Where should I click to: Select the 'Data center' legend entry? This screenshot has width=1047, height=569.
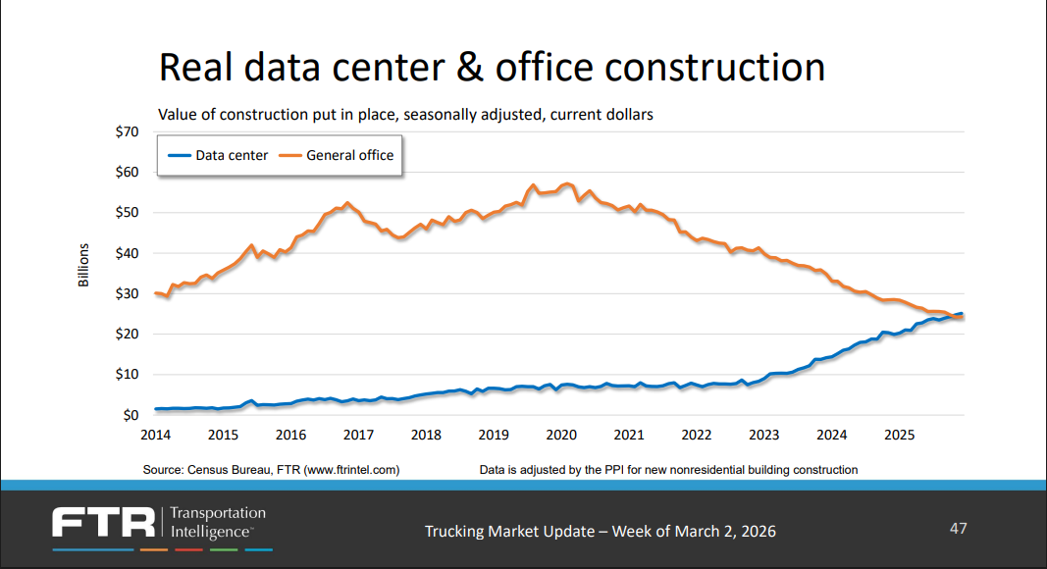tap(231, 155)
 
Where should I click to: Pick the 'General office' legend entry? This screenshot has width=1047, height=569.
tap(349, 155)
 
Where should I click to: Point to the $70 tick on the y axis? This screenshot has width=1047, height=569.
tap(127, 131)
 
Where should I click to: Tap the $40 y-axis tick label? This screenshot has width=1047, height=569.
tap(127, 253)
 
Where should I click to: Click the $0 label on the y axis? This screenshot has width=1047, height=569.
tap(131, 415)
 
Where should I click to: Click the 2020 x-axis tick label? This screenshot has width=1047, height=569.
tap(560, 435)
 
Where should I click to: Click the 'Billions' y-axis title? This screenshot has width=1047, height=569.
tap(84, 265)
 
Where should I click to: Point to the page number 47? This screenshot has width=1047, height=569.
tap(958, 529)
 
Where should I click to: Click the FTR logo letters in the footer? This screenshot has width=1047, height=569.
tap(104, 523)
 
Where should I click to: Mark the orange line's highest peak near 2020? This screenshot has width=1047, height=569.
tap(567, 183)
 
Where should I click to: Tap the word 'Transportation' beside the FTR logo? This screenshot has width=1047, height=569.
tap(218, 513)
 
